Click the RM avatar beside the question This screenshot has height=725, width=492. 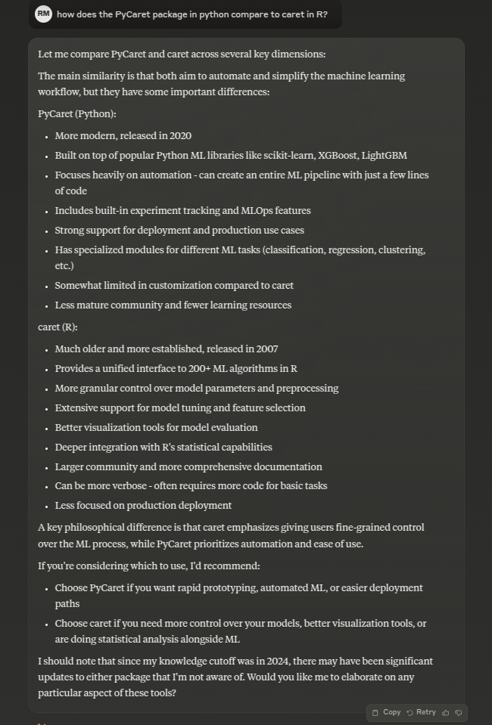pyautogui.click(x=43, y=14)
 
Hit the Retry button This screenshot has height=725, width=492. pyautogui.click(x=421, y=712)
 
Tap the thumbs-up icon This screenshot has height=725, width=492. pyautogui.click(x=446, y=712)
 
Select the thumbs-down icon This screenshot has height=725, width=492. pyautogui.click(x=459, y=712)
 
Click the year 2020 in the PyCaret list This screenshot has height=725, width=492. pyautogui.click(x=180, y=136)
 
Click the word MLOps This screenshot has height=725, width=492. pyautogui.click(x=231, y=211)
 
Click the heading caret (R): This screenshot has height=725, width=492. pyautogui.click(x=58, y=327)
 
